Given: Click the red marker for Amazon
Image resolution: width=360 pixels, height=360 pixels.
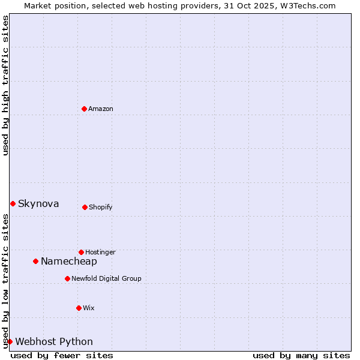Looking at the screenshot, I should (85, 109).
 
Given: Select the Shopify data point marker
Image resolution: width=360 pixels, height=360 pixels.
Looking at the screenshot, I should (85, 207).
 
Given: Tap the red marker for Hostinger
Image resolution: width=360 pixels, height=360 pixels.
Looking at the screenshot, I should (81, 252).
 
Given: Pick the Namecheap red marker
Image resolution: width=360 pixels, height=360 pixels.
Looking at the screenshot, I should (36, 261).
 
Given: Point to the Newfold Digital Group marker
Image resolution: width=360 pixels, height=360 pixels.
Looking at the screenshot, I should (67, 278).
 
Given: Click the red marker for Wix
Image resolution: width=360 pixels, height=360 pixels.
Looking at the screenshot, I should (79, 308).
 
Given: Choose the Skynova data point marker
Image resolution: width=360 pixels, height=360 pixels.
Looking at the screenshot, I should (13, 203).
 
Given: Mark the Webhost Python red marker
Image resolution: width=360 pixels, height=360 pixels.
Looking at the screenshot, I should (10, 341).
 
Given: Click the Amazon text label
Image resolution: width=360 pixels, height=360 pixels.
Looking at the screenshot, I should (101, 109).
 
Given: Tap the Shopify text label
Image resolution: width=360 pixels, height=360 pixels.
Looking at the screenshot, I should (101, 207).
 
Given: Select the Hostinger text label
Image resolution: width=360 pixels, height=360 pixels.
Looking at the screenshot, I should (100, 252).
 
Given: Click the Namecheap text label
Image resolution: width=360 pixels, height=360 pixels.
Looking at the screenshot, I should (69, 261).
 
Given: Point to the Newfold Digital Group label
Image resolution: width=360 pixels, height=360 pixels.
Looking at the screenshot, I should (106, 278).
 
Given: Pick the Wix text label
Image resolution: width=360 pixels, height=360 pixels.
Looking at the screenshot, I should (89, 308).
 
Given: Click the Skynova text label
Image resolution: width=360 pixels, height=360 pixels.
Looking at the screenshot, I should (38, 203).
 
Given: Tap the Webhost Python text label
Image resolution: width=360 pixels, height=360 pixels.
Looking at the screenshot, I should (54, 341).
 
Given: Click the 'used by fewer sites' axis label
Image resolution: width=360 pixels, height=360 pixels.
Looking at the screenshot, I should (62, 355).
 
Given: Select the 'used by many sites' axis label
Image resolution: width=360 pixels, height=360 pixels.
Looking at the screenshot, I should (301, 355).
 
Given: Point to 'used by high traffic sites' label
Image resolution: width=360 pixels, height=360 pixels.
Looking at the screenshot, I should (5, 85).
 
